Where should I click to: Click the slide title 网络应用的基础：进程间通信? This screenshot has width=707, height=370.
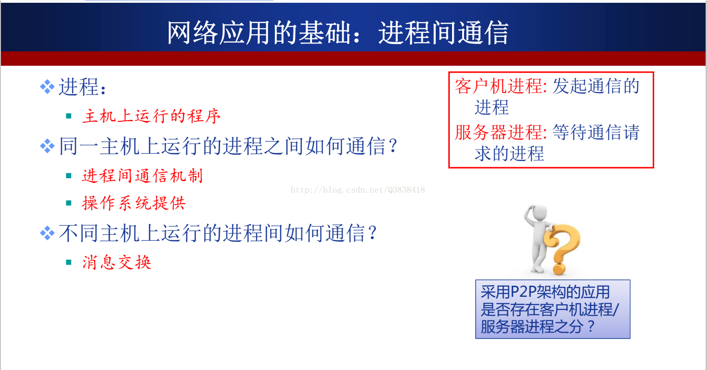pos(338,33)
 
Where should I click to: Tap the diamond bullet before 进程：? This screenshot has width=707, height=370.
pos(47,87)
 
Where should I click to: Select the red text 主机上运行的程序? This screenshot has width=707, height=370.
pos(152,116)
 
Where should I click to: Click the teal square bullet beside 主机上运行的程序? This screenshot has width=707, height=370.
pos(69,116)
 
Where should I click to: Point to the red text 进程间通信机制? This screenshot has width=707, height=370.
pos(142,176)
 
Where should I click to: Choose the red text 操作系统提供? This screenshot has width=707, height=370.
pos(134,203)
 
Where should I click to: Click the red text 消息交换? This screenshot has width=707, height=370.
pos(117,262)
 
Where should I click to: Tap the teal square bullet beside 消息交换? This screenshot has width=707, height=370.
pos(69,262)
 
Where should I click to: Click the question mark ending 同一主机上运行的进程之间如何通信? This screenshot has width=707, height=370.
pos(393,146)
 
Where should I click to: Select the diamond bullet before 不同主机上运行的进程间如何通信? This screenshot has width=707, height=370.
pos(47,233)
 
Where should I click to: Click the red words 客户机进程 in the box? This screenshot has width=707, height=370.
pos(499,86)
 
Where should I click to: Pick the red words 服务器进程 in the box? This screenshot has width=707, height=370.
pos(499,132)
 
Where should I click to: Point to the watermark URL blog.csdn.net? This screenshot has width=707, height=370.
pos(357,190)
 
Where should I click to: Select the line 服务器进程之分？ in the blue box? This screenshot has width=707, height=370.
pos(538,326)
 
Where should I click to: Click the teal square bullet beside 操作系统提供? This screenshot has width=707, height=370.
pos(69,203)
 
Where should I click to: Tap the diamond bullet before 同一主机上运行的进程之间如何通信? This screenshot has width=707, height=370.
pos(47,146)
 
